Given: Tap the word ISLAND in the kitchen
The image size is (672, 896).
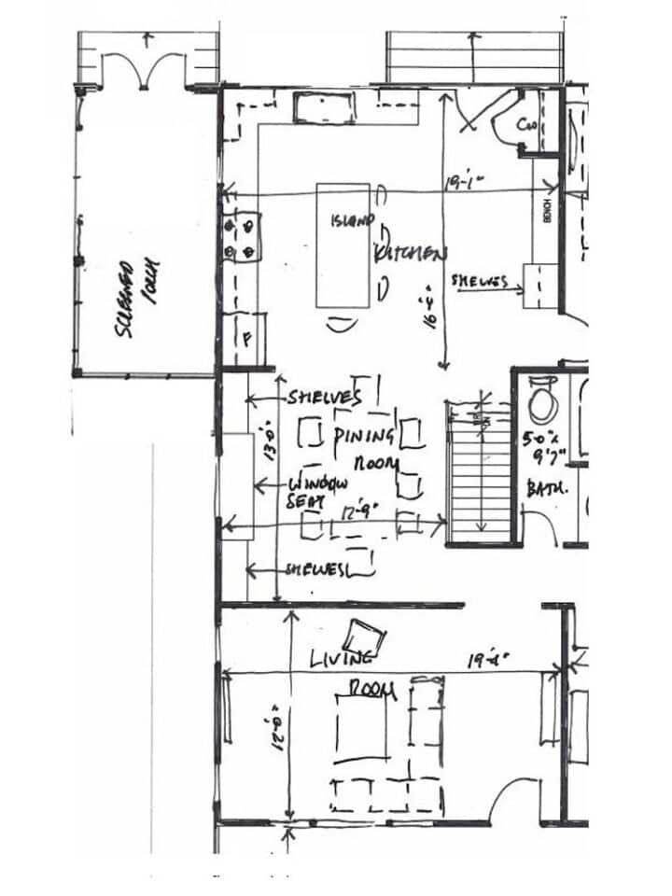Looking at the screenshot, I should (352, 221).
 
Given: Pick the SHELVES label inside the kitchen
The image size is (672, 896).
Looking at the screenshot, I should (479, 280).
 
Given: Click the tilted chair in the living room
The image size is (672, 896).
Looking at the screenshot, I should (362, 638).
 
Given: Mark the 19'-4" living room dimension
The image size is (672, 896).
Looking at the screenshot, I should (488, 660).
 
